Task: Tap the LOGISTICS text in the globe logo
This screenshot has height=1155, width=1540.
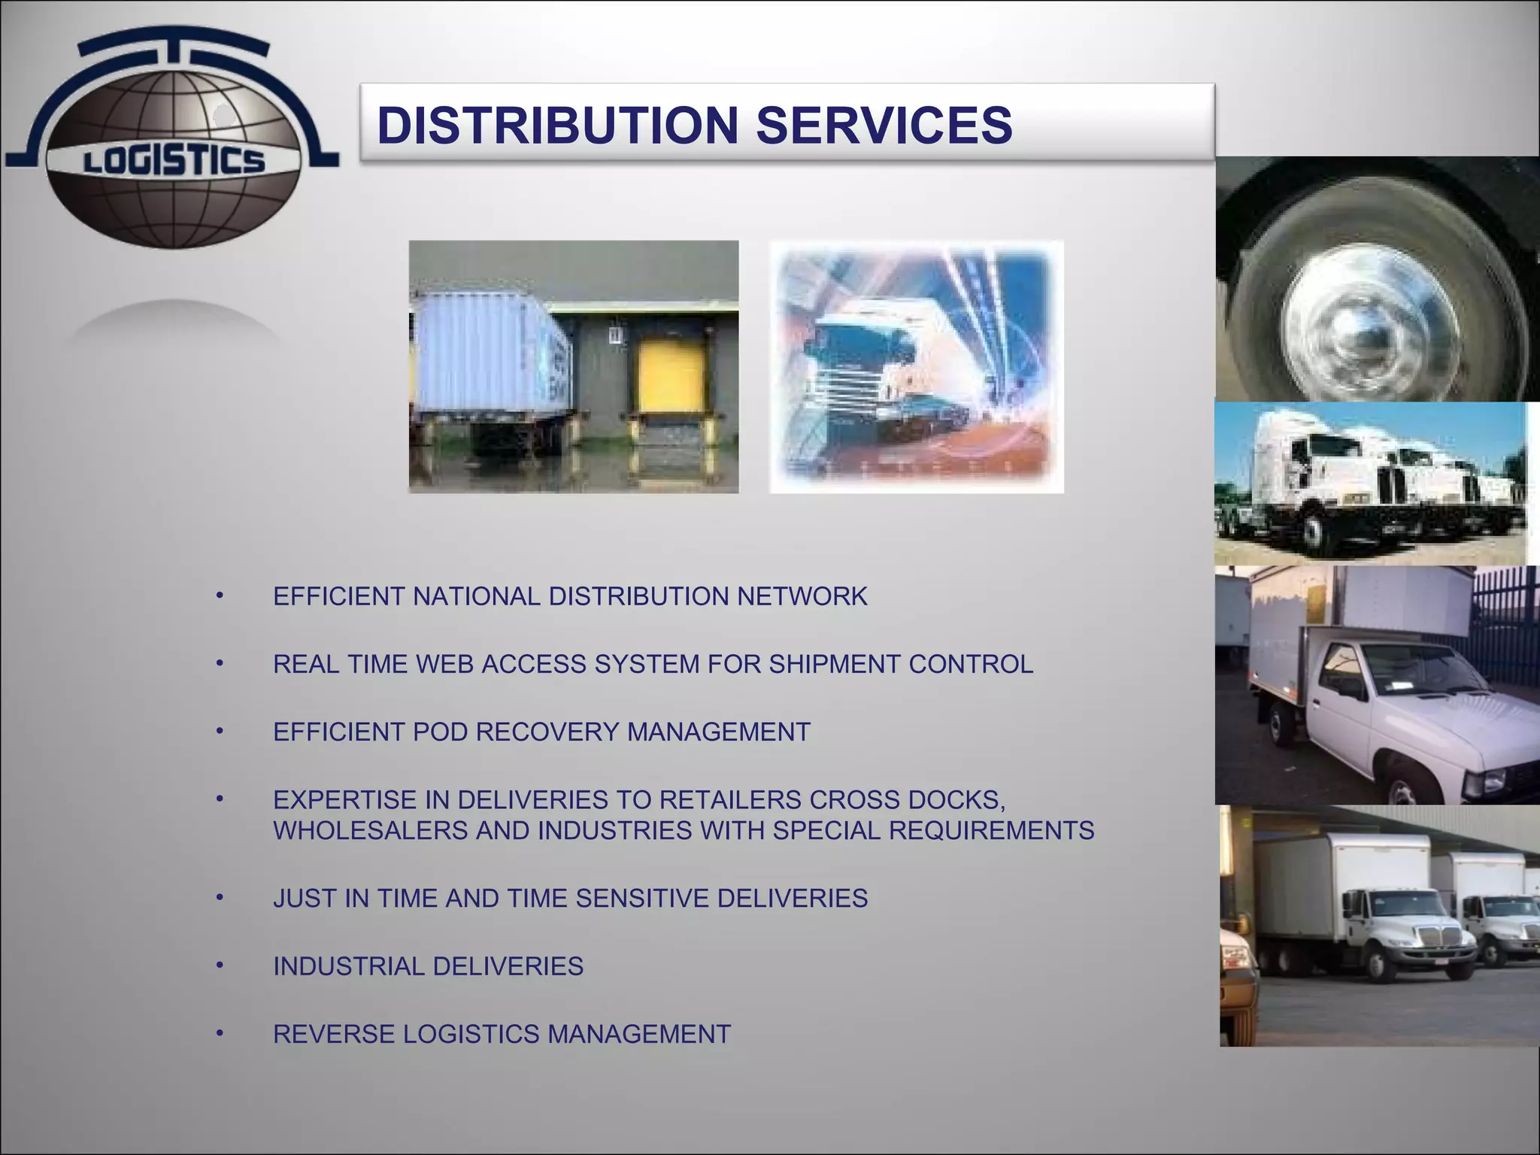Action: pyautogui.click(x=174, y=161)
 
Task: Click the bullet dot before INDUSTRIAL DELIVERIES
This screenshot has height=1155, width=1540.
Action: pyautogui.click(x=220, y=965)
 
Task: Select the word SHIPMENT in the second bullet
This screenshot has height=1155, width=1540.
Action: pyautogui.click(x=835, y=664)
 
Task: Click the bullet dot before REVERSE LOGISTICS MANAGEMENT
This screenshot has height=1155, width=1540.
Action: pyautogui.click(x=220, y=1033)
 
